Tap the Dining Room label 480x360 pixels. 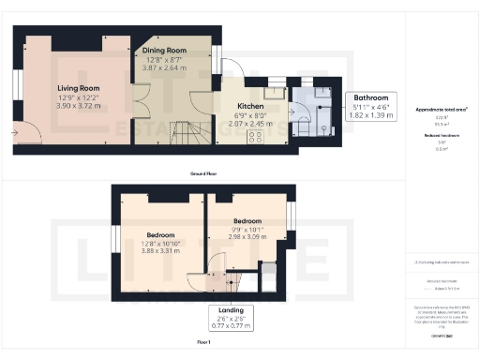164,50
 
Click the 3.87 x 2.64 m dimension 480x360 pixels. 164,67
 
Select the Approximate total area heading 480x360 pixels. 442,110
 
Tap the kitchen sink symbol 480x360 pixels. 274,93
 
